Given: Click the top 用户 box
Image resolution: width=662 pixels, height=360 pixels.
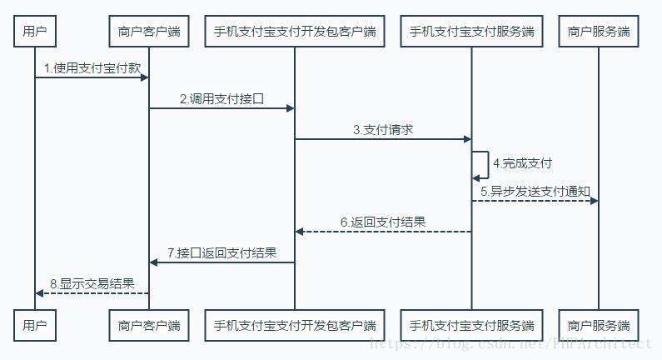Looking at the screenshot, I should pyautogui.click(x=35, y=32).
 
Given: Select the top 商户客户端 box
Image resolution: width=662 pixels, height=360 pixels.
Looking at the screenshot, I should pyautogui.click(x=149, y=32).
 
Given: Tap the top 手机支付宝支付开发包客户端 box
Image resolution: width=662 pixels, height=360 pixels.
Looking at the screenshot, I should pyautogui.click(x=295, y=32).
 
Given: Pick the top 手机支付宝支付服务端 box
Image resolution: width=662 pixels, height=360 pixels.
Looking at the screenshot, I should pyautogui.click(x=471, y=32).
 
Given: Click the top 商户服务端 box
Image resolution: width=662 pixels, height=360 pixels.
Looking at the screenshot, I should pyautogui.click(x=599, y=32).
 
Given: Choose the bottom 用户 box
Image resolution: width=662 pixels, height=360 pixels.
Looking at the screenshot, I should pyautogui.click(x=35, y=325).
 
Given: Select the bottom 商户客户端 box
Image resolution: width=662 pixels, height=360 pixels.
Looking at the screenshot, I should pyautogui.click(x=149, y=325).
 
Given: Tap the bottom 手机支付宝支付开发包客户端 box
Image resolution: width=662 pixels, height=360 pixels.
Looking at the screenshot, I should pyautogui.click(x=295, y=325).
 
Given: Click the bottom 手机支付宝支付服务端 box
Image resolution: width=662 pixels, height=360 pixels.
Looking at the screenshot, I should pyautogui.click(x=471, y=325).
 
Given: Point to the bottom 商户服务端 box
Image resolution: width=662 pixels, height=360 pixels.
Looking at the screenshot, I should pyautogui.click(x=599, y=325).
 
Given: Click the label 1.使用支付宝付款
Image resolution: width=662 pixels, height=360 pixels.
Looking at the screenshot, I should pyautogui.click(x=92, y=68).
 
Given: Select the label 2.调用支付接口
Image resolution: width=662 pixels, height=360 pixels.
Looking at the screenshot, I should pyautogui.click(x=221, y=98).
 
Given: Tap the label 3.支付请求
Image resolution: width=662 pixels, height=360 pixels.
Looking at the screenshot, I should pyautogui.click(x=383, y=129).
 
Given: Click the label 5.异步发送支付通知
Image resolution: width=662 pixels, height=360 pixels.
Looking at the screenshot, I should pyautogui.click(x=535, y=192).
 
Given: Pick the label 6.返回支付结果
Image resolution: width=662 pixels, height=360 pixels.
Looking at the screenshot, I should pyautogui.click(x=383, y=222).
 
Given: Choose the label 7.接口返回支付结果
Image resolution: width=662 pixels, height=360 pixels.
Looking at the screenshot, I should pyautogui.click(x=221, y=252).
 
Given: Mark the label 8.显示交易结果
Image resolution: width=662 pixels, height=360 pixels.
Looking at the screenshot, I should pyautogui.click(x=92, y=283).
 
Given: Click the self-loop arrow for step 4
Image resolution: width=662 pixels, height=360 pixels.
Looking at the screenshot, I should pyautogui.click(x=483, y=164).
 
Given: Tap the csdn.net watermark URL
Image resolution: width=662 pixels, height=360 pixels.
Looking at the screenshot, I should pyautogui.click(x=510, y=342).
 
